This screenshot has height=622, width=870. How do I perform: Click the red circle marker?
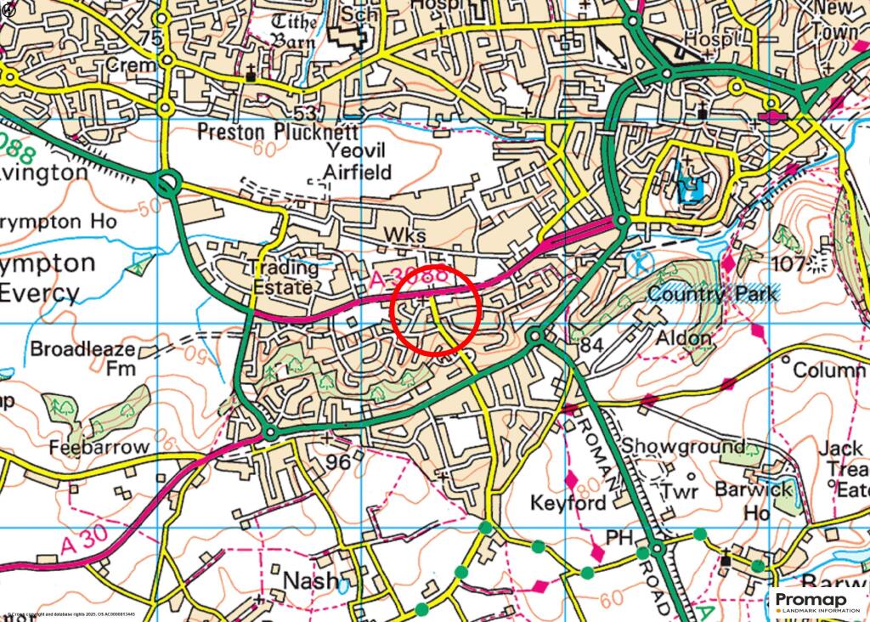(436, 310)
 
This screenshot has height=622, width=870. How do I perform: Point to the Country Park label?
(712, 294)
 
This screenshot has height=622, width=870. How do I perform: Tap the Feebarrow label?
(99, 447)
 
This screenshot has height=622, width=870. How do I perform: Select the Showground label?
(683, 446)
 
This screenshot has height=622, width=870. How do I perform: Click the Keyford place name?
(568, 503)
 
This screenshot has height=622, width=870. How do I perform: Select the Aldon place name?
(683, 338)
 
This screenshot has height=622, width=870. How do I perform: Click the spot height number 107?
(788, 263)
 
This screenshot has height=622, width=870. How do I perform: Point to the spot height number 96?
(338, 462)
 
